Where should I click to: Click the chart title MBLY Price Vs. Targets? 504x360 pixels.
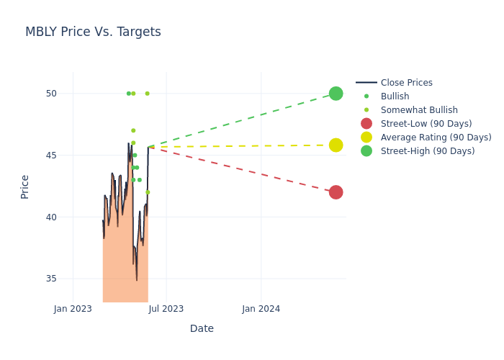point(93,32)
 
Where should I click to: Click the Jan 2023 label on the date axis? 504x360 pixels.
point(73,309)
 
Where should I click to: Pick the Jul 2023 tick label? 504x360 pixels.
point(166,309)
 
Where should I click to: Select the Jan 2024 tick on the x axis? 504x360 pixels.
point(261,309)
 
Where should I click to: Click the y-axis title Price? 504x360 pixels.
point(25,186)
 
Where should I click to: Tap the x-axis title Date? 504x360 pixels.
point(202,329)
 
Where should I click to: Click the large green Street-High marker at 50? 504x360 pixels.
point(336,94)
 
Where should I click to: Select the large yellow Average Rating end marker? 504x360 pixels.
point(336,145)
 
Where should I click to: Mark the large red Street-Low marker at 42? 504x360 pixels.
point(336,192)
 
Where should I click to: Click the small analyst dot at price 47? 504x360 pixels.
point(133,130)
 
